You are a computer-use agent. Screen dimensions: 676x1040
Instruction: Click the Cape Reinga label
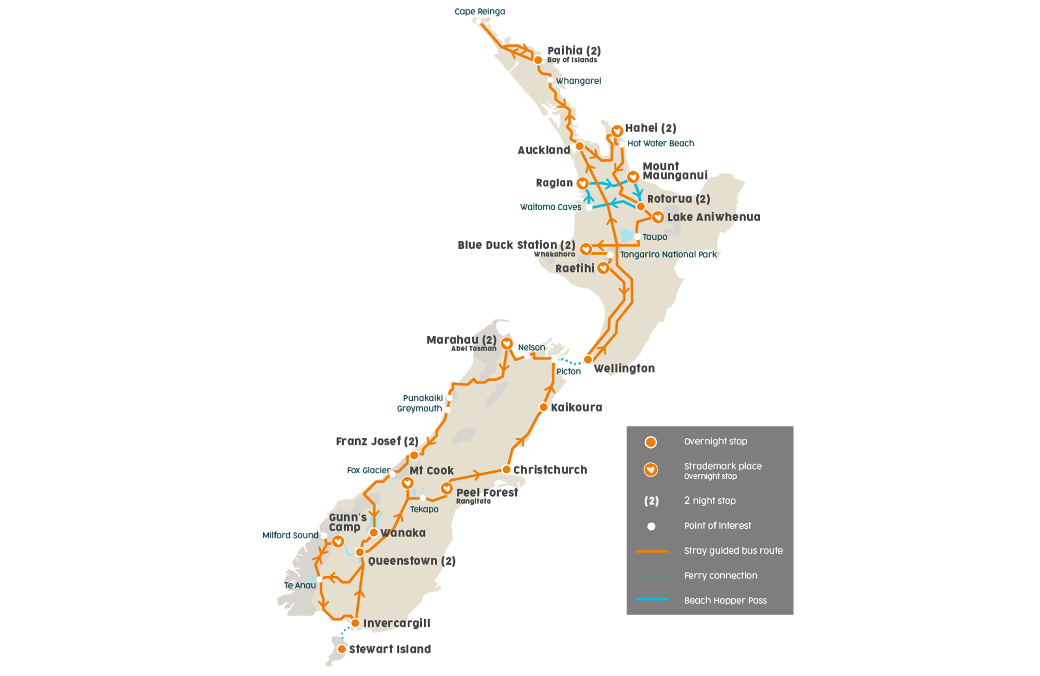point(479,11)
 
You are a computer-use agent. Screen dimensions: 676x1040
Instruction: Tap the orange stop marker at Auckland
point(579,146)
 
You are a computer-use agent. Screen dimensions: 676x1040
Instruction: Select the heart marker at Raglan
point(582,183)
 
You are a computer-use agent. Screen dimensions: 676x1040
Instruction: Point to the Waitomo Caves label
point(550,207)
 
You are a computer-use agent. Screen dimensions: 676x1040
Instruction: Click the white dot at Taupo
point(637,237)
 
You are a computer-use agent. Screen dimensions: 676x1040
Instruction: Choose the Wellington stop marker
point(588,359)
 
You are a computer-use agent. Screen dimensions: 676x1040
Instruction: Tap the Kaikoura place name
point(576,408)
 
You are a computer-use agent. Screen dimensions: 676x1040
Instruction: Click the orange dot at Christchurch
point(506,470)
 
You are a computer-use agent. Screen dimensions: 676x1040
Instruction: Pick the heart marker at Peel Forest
point(446,488)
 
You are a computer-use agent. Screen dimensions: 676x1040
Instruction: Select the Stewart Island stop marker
point(342,649)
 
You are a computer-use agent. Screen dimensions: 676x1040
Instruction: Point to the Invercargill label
point(396,623)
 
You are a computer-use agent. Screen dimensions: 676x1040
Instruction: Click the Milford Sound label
point(290,535)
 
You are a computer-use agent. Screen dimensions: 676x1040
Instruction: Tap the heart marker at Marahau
point(506,343)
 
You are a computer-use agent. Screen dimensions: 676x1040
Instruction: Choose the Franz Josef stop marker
point(414,456)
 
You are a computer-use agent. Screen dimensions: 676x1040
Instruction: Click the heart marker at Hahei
point(617,131)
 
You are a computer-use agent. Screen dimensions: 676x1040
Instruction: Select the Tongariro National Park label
point(668,254)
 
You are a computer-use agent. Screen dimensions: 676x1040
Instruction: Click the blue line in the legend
point(652,599)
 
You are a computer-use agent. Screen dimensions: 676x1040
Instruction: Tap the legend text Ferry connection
point(720,575)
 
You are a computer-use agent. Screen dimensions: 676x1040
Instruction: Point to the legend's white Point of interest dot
point(651,526)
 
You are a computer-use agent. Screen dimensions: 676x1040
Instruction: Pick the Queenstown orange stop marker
point(360,552)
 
